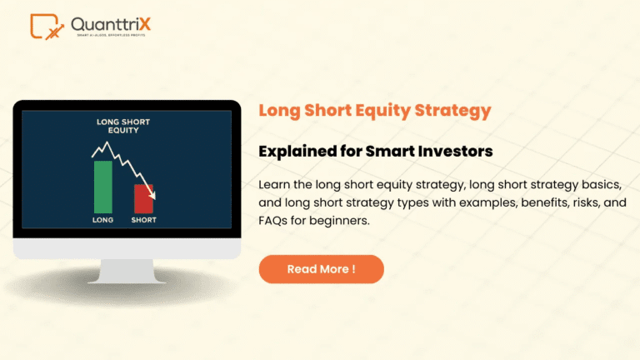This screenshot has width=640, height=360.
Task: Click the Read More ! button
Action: tap(321, 269)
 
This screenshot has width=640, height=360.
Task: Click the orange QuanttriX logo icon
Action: tap(47, 27)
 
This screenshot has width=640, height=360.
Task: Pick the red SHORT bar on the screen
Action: tap(144, 198)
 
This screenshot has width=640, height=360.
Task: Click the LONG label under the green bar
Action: tap(103, 221)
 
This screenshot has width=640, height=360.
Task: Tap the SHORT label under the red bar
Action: tap(144, 221)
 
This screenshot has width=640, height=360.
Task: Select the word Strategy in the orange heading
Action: tap(450, 110)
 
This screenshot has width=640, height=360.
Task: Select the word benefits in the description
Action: tap(530, 202)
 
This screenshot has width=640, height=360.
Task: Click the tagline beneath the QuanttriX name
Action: tap(111, 37)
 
